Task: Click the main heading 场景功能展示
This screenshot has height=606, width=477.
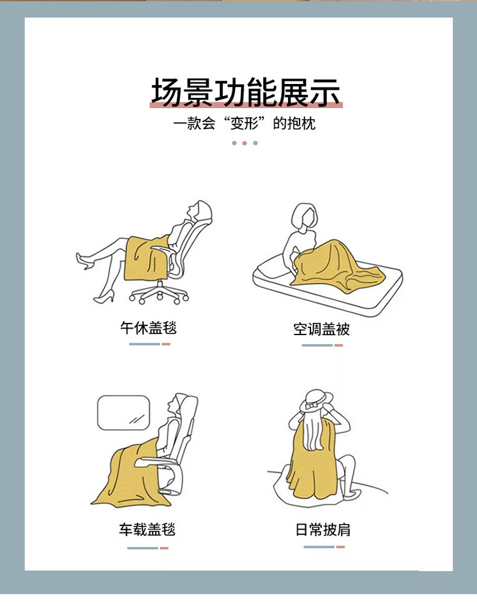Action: point(246,92)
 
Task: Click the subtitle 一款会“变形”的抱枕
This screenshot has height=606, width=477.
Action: point(244,123)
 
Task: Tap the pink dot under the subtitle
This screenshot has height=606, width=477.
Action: point(244,143)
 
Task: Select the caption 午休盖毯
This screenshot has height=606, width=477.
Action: point(148,327)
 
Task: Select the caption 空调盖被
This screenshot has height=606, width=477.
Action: point(321,329)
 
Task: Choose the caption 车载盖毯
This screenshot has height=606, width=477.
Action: point(148,530)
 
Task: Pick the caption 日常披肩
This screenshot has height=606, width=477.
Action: point(322,530)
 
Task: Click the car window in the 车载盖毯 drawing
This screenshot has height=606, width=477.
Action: point(123,413)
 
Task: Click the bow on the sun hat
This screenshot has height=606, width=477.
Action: point(311,406)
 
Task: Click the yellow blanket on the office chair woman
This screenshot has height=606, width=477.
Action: point(146,258)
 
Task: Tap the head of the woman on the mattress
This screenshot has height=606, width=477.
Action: point(304,216)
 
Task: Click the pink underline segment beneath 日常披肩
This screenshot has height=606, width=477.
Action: point(340,547)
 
